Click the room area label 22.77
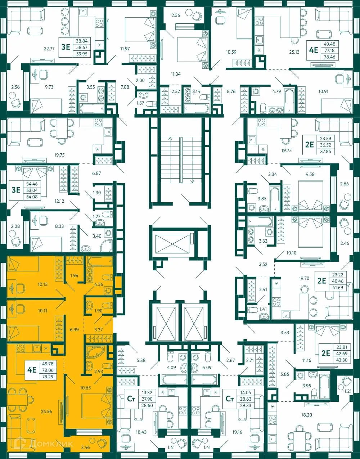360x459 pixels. click(x=49, y=49)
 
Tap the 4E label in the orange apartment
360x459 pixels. click(x=32, y=370)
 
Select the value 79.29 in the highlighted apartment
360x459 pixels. click(x=48, y=377)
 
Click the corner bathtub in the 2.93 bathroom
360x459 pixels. click(x=96, y=353)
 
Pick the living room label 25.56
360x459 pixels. click(x=46, y=411)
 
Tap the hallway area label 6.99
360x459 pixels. click(x=74, y=329)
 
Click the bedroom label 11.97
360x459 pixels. click(x=125, y=49)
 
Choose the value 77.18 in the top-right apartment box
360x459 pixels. click(x=329, y=51)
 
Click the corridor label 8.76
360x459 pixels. click(x=231, y=91)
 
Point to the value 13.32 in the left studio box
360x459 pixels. click(x=147, y=392)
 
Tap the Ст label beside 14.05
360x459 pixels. click(x=229, y=399)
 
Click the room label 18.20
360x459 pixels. click(x=306, y=415)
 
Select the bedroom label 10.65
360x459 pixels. click(x=85, y=388)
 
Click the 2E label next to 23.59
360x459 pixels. click(x=309, y=145)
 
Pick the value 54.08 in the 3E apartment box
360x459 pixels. click(x=32, y=197)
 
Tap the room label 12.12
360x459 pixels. click(x=59, y=201)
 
